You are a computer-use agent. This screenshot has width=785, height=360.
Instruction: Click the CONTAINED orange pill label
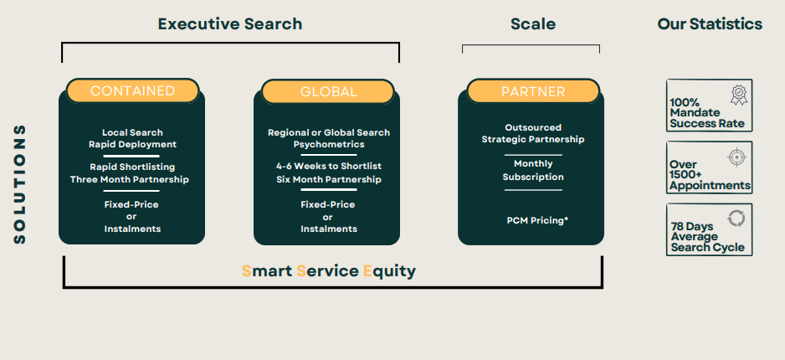(x=132, y=90)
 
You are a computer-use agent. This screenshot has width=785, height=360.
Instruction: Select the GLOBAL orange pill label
(x=328, y=91)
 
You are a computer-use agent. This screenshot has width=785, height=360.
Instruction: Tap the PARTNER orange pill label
(x=533, y=91)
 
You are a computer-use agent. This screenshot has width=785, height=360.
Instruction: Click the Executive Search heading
(x=230, y=23)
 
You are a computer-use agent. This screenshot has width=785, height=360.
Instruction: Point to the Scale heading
(x=533, y=23)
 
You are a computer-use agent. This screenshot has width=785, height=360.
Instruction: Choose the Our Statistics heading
(x=710, y=23)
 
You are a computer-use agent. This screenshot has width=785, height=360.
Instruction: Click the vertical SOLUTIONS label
(x=20, y=184)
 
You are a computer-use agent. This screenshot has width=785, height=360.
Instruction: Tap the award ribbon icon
(x=738, y=94)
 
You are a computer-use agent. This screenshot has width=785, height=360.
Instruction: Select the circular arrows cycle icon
(x=736, y=218)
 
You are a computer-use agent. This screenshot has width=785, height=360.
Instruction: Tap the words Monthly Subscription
(x=533, y=170)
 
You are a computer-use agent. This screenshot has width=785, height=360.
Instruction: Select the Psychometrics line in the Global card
(x=328, y=145)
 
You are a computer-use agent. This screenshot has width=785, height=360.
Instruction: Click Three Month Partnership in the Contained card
(x=130, y=179)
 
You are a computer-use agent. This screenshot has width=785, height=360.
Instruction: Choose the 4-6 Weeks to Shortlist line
(x=328, y=167)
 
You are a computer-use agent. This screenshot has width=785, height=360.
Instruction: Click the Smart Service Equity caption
(x=329, y=270)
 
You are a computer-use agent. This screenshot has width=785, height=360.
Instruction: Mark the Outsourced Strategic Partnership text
(x=533, y=133)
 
